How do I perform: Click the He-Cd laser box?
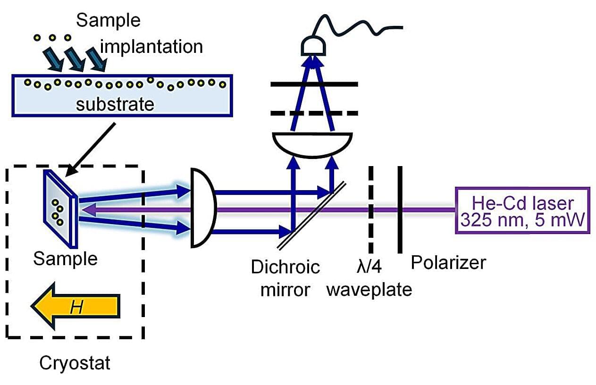pos(522,210)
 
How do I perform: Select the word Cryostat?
pos(75,363)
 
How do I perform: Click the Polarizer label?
pos(448,262)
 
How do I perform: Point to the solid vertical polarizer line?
pos(400,210)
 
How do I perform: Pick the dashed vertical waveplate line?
pos(371,210)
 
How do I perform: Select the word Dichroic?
pos(285,267)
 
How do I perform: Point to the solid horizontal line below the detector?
pos(314,84)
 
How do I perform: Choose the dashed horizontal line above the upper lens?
pos(314,113)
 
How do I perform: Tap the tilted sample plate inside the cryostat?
pos(60,209)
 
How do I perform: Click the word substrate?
pos(115,104)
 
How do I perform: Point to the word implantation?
pos(151,46)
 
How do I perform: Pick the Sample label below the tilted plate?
pos(65,259)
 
